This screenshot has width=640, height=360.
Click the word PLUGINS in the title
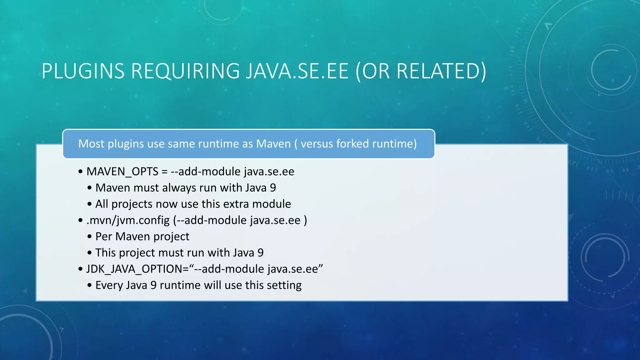point(83,71)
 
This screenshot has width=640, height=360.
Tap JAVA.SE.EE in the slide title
point(297,71)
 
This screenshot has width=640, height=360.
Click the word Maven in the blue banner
point(273,144)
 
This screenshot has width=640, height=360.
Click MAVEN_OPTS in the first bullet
point(122,172)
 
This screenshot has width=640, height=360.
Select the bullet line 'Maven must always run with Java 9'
point(186,188)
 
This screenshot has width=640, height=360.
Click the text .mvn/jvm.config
point(128,220)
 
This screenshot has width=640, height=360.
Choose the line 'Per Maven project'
point(142,237)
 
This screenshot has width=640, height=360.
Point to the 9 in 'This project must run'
point(261,253)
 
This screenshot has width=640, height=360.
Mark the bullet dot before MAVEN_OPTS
point(81,172)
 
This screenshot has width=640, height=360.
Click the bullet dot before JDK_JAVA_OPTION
point(81,269)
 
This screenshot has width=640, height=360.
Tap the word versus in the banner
point(317,144)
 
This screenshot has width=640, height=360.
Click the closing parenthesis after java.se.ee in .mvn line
point(305,220)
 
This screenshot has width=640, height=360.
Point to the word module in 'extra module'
point(272,204)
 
